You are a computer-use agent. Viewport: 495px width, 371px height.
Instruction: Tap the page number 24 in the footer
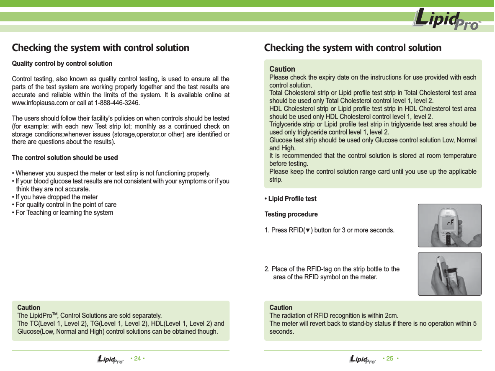pos(137,358)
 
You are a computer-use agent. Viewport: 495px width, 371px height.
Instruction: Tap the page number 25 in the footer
pos(389,358)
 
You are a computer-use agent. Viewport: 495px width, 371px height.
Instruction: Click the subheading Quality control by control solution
pos(62,64)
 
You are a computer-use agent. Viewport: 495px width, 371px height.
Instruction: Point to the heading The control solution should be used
pos(65,158)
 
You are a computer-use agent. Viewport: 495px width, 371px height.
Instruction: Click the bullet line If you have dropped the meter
pos(56,197)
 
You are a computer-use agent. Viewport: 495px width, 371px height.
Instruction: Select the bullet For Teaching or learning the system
pos(64,213)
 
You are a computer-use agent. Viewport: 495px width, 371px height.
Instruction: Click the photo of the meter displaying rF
pos(449,225)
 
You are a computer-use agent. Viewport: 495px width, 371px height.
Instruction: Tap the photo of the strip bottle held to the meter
pos(449,273)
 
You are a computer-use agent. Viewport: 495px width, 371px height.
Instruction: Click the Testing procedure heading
pos(291,214)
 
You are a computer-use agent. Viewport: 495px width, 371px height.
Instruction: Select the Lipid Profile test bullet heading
pos(290,198)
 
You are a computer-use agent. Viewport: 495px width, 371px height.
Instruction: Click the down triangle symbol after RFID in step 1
pos(308,231)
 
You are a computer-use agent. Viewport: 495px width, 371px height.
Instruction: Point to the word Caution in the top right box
pos(282,69)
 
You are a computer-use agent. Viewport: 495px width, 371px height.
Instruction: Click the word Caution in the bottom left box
pos(28,307)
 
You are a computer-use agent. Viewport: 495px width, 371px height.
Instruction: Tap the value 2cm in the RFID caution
pos(390,315)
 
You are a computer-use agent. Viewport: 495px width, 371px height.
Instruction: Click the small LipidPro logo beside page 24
pos(110,359)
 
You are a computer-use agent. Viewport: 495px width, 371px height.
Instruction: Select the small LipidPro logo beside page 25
pos(362,359)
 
